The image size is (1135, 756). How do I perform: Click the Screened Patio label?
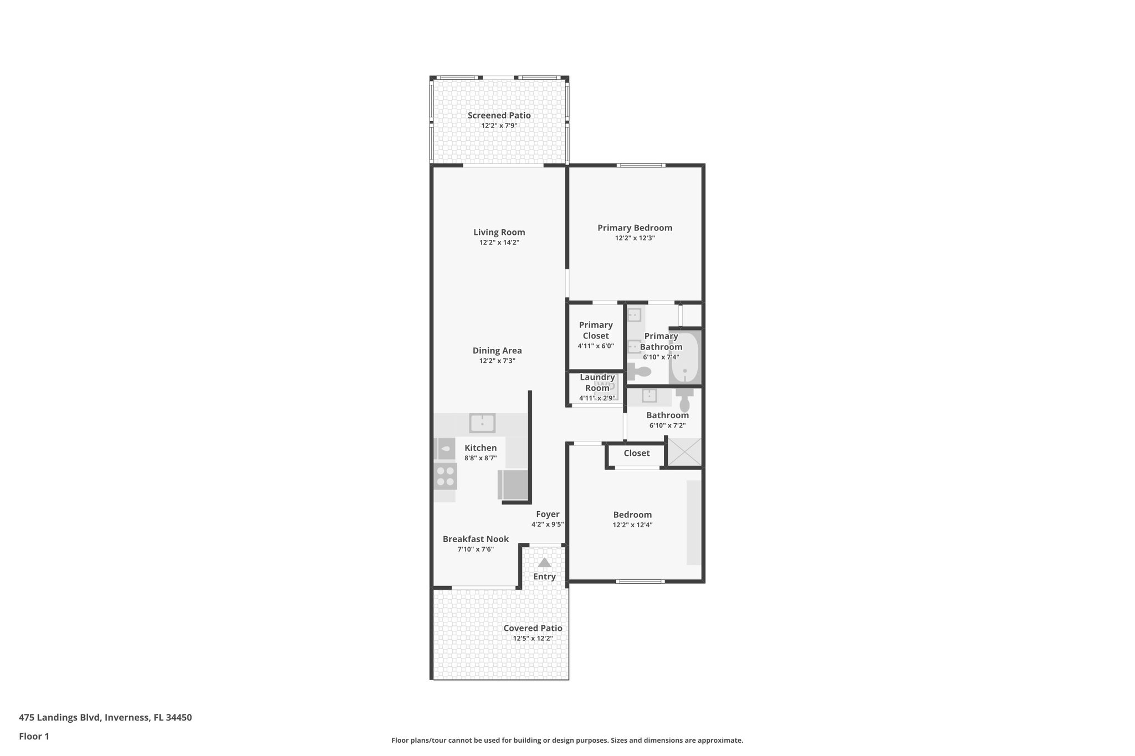click(499, 115)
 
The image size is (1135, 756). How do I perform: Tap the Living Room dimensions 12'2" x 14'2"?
click(499, 243)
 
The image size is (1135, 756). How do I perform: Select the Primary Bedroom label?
click(635, 228)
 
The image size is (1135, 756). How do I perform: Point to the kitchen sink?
click(482, 423)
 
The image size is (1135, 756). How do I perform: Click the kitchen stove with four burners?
click(445, 477)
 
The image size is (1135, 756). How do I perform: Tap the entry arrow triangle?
click(544, 563)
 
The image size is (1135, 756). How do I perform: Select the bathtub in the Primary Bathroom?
click(685, 357)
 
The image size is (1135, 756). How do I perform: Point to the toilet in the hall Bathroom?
click(685, 400)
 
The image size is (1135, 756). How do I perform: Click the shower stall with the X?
click(684, 452)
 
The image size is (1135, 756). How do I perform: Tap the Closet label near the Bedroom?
click(636, 453)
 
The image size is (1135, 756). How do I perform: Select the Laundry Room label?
click(597, 382)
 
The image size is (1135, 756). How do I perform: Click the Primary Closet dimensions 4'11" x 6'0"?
click(595, 346)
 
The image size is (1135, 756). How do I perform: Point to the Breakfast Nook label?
click(476, 539)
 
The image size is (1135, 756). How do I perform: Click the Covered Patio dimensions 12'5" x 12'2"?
click(533, 638)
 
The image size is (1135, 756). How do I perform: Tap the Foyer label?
click(547, 514)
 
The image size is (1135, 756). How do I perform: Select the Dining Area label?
click(497, 351)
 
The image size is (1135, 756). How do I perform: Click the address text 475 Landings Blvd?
click(105, 717)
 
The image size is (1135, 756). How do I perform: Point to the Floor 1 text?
click(34, 736)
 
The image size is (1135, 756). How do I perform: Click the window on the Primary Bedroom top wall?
click(641, 165)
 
